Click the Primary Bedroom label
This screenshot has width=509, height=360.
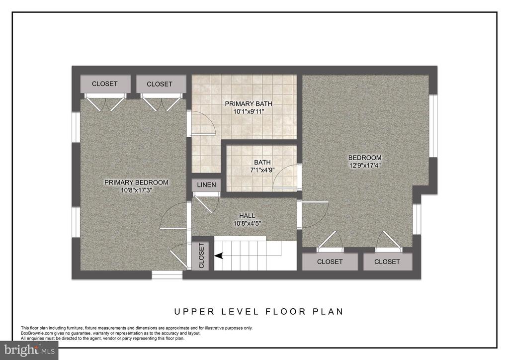[136, 182]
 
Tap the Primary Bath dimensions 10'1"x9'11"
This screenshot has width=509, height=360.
[249, 112]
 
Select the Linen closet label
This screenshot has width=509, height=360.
[206, 184]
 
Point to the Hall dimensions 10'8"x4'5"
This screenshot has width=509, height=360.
[247, 223]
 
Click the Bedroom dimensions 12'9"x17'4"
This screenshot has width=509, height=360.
[365, 165]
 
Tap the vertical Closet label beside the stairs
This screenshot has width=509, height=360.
[201, 256]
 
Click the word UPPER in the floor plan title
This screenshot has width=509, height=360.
[194, 312]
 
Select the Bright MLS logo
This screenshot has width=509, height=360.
[29, 350]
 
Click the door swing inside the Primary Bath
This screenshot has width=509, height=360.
[203, 122]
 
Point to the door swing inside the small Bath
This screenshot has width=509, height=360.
[286, 177]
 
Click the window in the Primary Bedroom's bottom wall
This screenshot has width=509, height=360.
[167, 275]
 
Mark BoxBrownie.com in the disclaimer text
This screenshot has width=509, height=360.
[35, 333]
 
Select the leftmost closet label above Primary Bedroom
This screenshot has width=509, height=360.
[104, 84]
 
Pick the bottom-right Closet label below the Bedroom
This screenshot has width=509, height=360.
[387, 262]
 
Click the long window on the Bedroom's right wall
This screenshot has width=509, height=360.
[433, 126]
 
